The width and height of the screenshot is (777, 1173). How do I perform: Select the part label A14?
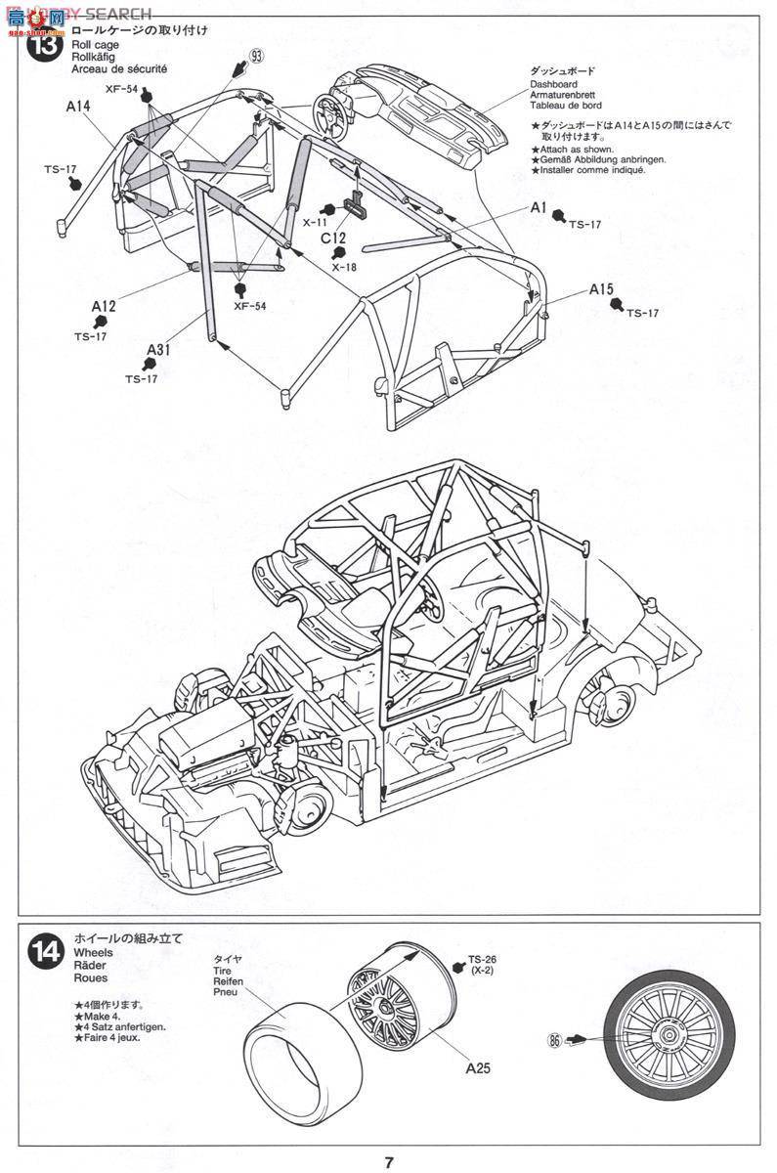pyautogui.click(x=80, y=107)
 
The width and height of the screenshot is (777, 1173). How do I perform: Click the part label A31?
pyautogui.click(x=160, y=351)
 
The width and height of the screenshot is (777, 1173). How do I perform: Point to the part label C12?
pyautogui.click(x=334, y=237)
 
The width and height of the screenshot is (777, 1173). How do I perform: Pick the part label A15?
pyautogui.click(x=601, y=289)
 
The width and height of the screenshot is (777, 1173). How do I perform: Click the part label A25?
pyautogui.click(x=478, y=1068)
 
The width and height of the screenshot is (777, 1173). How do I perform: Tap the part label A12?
pyautogui.click(x=105, y=307)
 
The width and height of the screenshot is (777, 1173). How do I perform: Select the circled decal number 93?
pyautogui.click(x=256, y=56)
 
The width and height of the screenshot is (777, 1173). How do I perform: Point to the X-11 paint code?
pyautogui.click(x=315, y=222)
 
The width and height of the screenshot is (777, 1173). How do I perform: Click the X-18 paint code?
pyautogui.click(x=343, y=266)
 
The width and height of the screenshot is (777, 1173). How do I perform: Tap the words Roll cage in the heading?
pyautogui.click(x=96, y=45)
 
